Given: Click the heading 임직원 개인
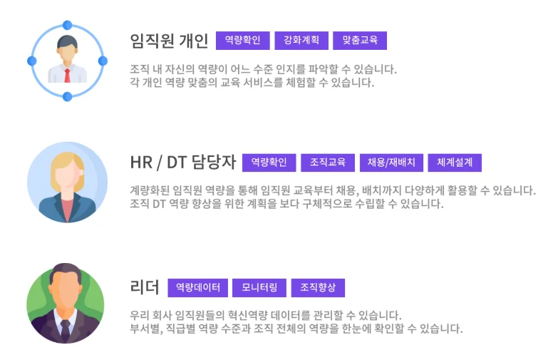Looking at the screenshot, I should [169, 41].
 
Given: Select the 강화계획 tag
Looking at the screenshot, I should [301, 41].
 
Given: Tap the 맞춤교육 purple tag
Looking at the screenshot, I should [360, 41].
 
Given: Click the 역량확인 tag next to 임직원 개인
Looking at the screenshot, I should [243, 41].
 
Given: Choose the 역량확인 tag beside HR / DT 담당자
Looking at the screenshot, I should [269, 163].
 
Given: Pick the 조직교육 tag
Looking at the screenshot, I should [327, 163].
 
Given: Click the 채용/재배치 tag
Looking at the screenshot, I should [392, 163].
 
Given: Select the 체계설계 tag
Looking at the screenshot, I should [455, 163].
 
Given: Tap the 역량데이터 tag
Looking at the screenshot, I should [198, 288].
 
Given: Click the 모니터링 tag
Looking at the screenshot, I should [259, 288].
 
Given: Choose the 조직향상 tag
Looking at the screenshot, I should [318, 288].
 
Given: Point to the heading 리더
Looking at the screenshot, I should [145, 288].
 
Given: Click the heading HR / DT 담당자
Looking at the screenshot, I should [183, 163].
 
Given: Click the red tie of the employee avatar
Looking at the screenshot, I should [67, 75].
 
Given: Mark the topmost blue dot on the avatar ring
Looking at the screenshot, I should [67, 25].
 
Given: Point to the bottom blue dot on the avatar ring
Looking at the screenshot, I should [67, 97].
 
